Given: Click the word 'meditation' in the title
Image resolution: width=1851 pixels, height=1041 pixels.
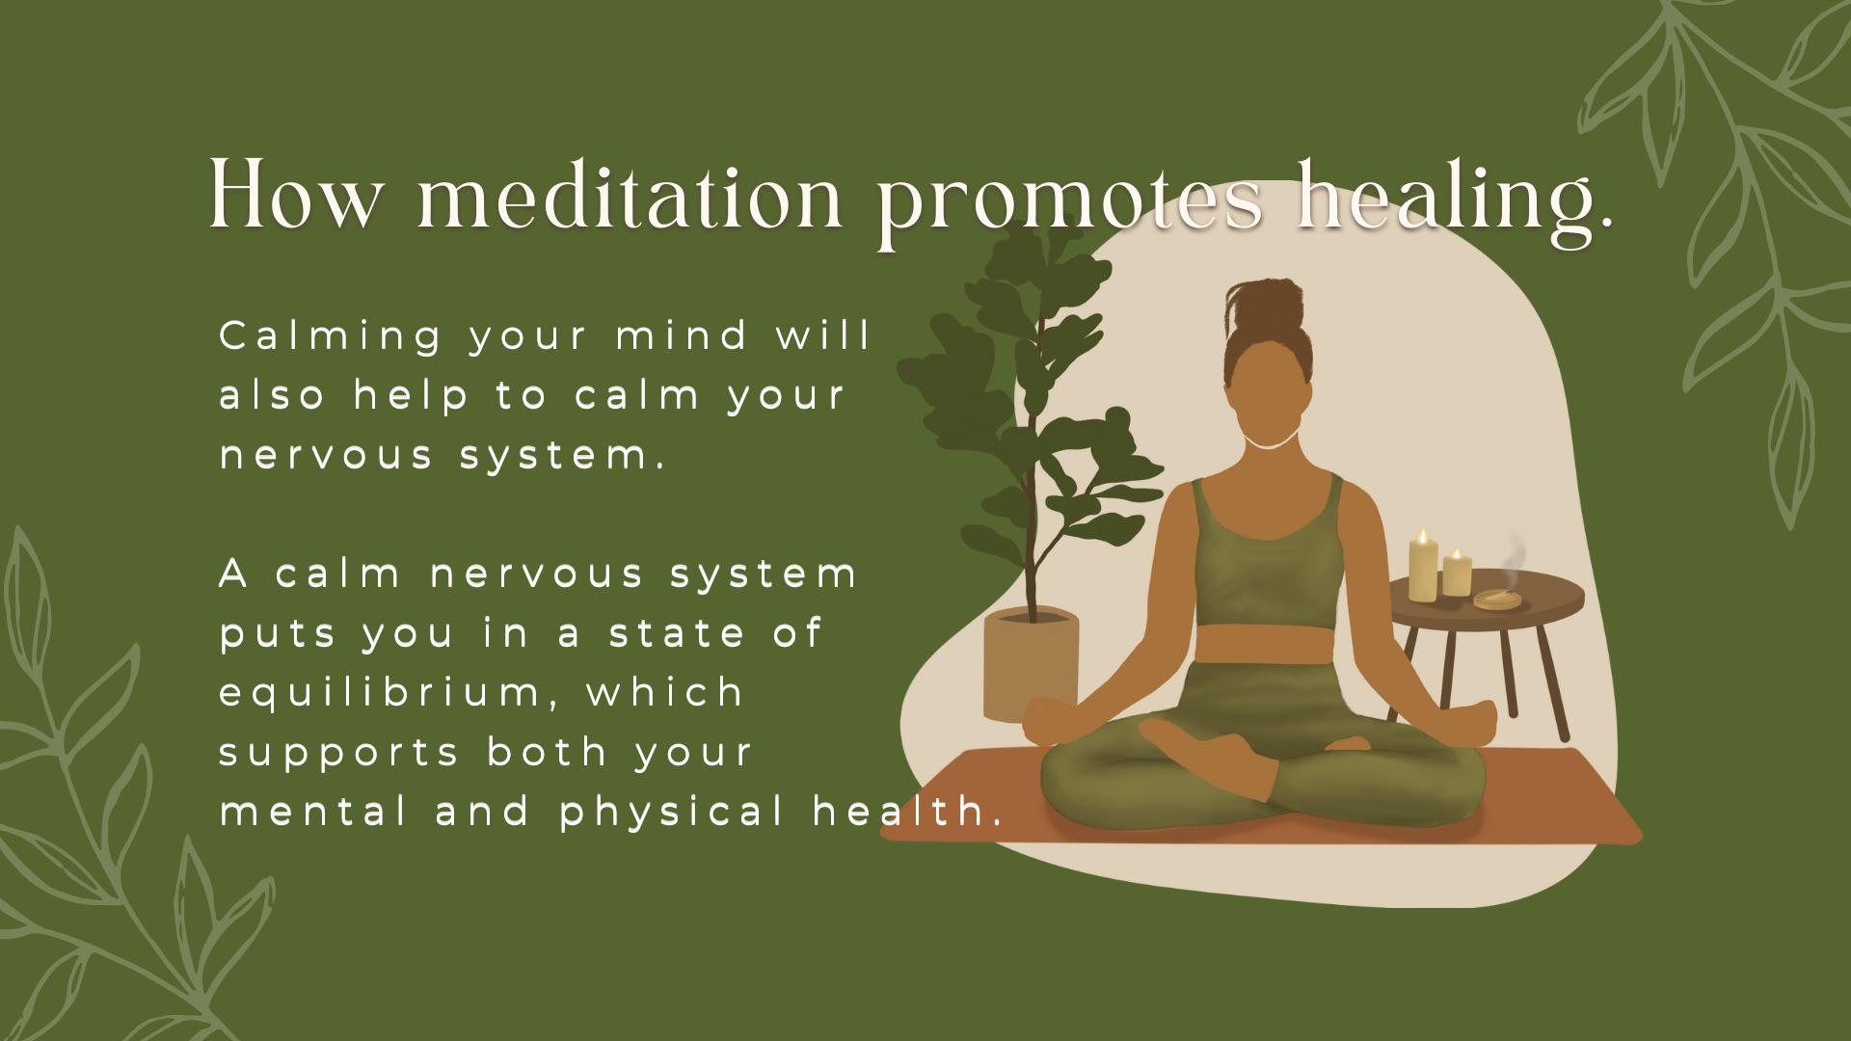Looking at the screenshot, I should (x=630, y=198).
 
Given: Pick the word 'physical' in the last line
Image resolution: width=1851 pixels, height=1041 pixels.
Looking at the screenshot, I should (x=672, y=813).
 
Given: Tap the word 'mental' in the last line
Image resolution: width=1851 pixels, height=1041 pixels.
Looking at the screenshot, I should (x=314, y=812).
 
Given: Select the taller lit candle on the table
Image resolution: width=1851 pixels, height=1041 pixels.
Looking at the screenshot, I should (x=1423, y=569).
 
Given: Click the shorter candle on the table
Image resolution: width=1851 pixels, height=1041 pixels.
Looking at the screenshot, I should (x=1457, y=574).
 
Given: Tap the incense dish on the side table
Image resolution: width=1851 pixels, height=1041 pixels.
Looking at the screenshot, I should (x=1497, y=600).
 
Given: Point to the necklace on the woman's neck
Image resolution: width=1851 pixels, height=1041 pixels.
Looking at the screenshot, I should (x=1270, y=444).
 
